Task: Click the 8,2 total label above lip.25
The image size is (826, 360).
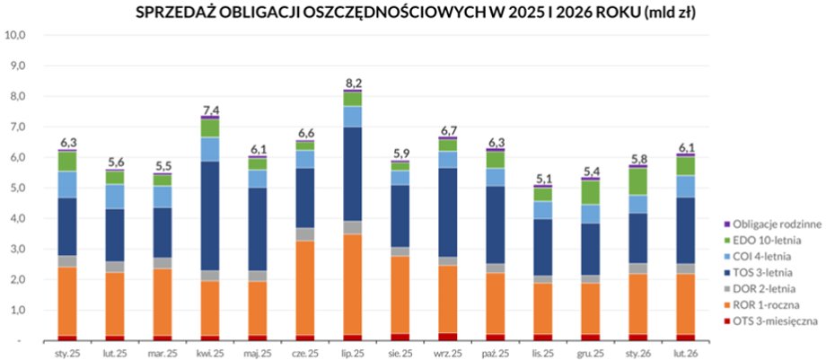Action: click(x=353, y=83)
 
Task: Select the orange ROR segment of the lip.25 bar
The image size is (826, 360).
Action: click(x=353, y=284)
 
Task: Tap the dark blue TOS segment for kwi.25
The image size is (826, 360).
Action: click(x=210, y=215)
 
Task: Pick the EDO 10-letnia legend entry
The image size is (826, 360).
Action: click(x=764, y=240)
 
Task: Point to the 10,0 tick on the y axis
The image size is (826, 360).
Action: click(x=15, y=35)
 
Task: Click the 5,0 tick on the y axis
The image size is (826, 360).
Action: click(x=15, y=189)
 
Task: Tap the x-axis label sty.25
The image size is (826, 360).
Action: click(x=67, y=353)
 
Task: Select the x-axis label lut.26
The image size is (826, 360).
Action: click(x=686, y=353)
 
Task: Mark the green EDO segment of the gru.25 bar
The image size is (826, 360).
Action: click(x=591, y=192)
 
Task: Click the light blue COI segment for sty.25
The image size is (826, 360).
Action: click(x=67, y=184)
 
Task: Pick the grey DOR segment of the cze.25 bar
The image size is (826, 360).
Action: click(x=305, y=234)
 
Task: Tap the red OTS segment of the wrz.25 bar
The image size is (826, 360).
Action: click(x=448, y=337)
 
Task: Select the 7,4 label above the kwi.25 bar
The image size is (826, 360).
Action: click(x=210, y=109)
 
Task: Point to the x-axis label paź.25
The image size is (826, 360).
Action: click(x=496, y=353)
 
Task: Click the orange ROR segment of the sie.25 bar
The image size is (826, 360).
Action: click(x=400, y=294)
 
